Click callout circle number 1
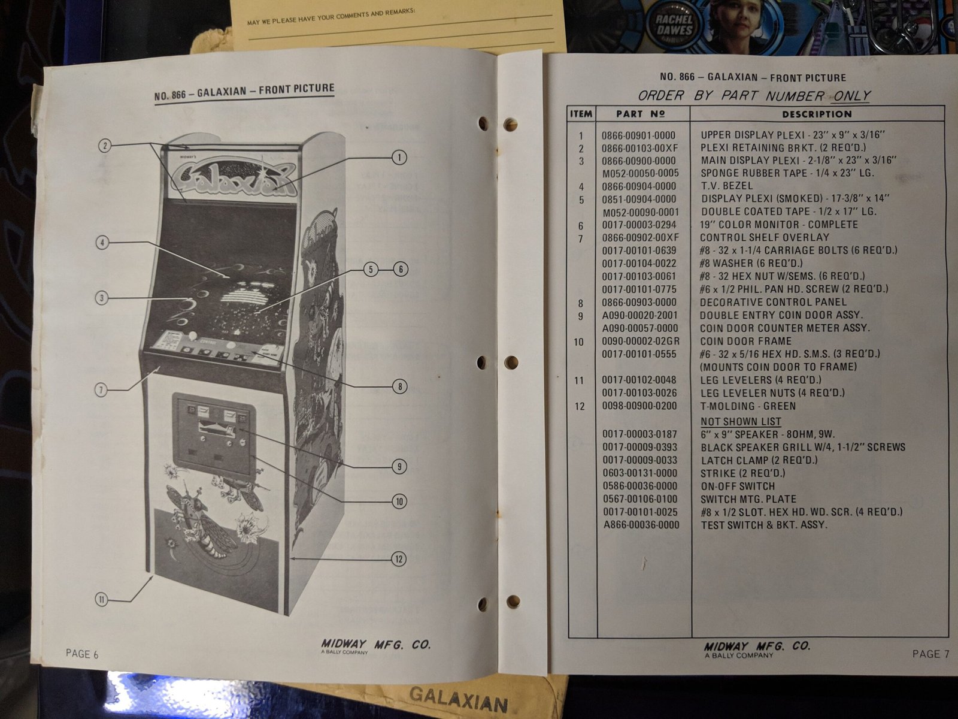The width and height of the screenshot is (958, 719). pos(399,158)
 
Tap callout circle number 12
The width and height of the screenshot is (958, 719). pos(399,559)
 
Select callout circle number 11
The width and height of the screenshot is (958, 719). pos(102,599)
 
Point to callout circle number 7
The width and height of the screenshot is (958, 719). pos(101,389)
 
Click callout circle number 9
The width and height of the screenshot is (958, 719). pos(399,467)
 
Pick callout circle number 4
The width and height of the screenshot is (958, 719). pos(102,242)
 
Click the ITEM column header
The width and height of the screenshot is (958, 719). pos(581,114)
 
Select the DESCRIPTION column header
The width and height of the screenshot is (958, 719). pos(817,114)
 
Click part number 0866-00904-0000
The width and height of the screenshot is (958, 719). pos(639,186)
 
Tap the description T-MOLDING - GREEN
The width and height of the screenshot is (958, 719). pos(748,406)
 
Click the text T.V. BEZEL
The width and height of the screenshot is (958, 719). pos(727,186)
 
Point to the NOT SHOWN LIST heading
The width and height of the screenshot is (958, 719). pos(741,421)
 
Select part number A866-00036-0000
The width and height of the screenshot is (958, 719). pos(641,525)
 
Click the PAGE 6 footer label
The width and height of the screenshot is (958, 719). pos(82,654)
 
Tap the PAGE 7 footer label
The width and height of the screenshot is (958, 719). pos(930,654)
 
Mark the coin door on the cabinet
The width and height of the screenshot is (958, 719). pos(214,435)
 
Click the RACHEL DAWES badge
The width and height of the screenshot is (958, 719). pos(674,25)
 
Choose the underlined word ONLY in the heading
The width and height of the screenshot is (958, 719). pos(851,96)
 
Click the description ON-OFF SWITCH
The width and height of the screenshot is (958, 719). pos(738,486)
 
